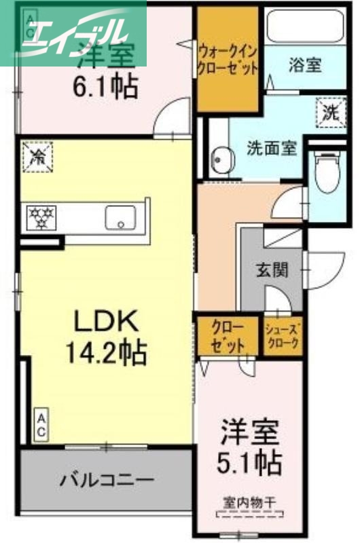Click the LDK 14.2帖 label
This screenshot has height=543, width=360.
106,335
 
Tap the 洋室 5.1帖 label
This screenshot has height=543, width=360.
250,449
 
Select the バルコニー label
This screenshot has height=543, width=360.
106,481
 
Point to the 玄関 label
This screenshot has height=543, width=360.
272,269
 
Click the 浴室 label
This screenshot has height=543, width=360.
305,66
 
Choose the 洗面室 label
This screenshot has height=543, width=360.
271,147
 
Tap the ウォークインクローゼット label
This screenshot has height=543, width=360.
228,59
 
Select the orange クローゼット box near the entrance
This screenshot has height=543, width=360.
228,335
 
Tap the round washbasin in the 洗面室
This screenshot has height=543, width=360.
219,160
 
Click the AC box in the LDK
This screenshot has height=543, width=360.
41,424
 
